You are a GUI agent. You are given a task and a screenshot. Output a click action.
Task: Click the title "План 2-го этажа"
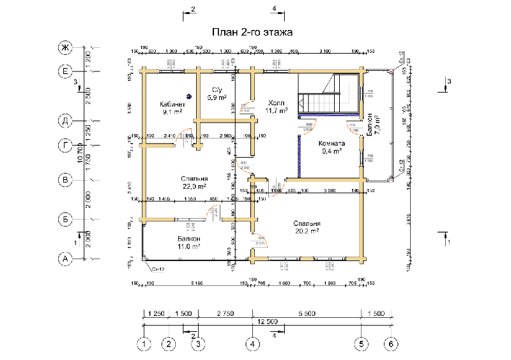[252, 33]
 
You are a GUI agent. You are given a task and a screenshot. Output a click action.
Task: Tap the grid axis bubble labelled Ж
[65, 49]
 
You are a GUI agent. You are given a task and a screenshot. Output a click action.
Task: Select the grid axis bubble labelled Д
[65, 120]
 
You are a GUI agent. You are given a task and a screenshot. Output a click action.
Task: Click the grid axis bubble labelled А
[65, 259]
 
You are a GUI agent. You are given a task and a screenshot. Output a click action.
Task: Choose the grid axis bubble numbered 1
[145, 344]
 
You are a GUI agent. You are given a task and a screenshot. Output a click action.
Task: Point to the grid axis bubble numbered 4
[254, 344]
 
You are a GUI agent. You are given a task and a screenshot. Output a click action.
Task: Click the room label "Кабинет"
[172, 104]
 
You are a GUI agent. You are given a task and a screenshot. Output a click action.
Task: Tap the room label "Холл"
[276, 102]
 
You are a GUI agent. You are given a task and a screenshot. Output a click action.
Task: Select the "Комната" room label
[331, 144]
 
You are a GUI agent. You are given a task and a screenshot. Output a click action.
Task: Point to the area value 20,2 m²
[307, 232]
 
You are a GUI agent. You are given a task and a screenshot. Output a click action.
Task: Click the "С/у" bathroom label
[216, 90]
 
